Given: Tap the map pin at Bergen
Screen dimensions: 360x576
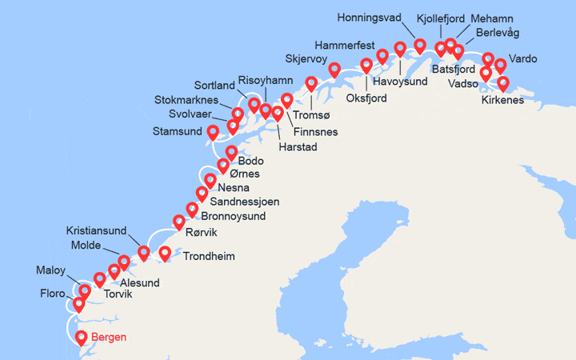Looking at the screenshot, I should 82,336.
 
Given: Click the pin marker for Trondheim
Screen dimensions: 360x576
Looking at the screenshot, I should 165,254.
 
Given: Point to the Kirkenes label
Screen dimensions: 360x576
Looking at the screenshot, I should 503,100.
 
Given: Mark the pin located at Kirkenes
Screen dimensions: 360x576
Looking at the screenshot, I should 503,83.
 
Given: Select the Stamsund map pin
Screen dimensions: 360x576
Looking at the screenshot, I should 213,132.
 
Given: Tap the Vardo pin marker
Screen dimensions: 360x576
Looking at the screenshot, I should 501,65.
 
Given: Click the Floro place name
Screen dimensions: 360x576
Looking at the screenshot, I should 53,294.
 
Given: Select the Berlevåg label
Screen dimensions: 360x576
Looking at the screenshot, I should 496,32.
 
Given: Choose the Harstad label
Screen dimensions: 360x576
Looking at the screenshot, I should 298,147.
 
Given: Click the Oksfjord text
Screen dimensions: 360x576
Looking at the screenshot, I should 367,98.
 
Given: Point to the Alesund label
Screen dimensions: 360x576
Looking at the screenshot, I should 140,282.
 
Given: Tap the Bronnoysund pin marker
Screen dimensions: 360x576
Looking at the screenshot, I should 193,210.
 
